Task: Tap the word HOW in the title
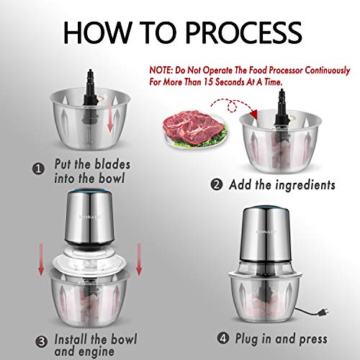pos(92,33)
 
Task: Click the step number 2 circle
pos(217,185)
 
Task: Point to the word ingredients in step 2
pos(302,185)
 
